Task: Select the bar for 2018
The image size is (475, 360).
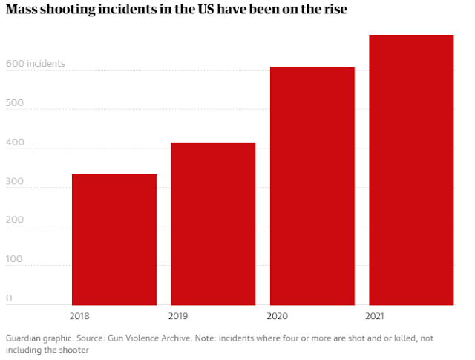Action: (114, 239)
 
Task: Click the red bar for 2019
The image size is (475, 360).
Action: (213, 223)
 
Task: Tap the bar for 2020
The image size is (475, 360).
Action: (312, 186)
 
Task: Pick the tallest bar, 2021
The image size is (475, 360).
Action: (411, 169)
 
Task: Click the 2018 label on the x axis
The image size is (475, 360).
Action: (80, 315)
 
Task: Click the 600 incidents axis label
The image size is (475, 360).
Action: (36, 64)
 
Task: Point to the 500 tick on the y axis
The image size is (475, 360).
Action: (13, 103)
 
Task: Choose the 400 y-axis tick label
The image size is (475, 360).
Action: (13, 142)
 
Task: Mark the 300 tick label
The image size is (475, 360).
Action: (13, 181)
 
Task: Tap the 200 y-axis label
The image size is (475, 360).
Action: (13, 220)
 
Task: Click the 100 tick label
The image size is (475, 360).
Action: (13, 259)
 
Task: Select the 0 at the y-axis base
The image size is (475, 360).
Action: (9, 298)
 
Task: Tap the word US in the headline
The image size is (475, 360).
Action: (200, 11)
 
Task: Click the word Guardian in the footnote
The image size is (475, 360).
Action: (23, 338)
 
